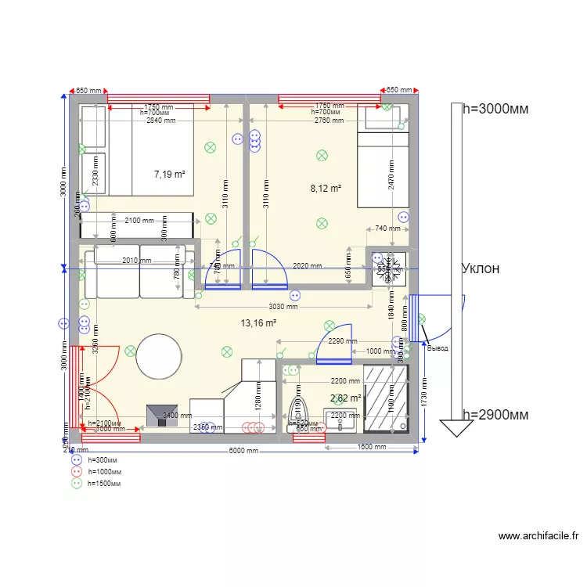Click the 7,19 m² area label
169,175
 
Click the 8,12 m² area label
326,188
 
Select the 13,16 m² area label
259,322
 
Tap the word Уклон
481,268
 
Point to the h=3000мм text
495,109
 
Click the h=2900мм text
495,415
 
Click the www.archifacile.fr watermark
538,536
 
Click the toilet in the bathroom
297,412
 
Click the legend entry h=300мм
105,459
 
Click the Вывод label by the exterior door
438,348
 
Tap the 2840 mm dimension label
160,121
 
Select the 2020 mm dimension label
307,266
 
